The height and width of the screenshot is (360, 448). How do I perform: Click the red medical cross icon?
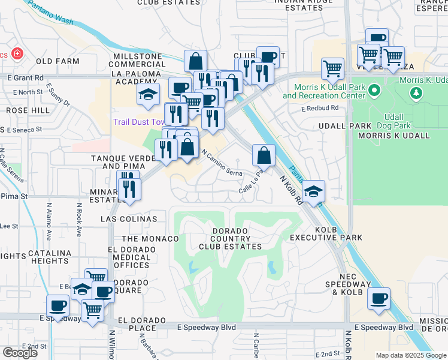pyautogui.click(x=17, y=54)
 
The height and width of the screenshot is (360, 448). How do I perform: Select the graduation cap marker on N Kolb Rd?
pyautogui.click(x=314, y=191)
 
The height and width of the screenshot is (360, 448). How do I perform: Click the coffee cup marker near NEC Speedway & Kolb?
pyautogui.click(x=378, y=298)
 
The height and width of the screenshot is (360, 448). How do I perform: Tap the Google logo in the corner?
pyautogui.click(x=20, y=352)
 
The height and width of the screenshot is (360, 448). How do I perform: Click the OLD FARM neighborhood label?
pyautogui.click(x=57, y=61)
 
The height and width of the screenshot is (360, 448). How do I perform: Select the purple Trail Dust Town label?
pyautogui.click(x=140, y=122)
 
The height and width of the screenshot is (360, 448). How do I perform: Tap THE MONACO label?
pyautogui.click(x=150, y=239)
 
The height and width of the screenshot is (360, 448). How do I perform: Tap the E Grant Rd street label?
pyautogui.click(x=26, y=77)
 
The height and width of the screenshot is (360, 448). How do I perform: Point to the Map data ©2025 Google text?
pyautogui.click(x=411, y=355)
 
